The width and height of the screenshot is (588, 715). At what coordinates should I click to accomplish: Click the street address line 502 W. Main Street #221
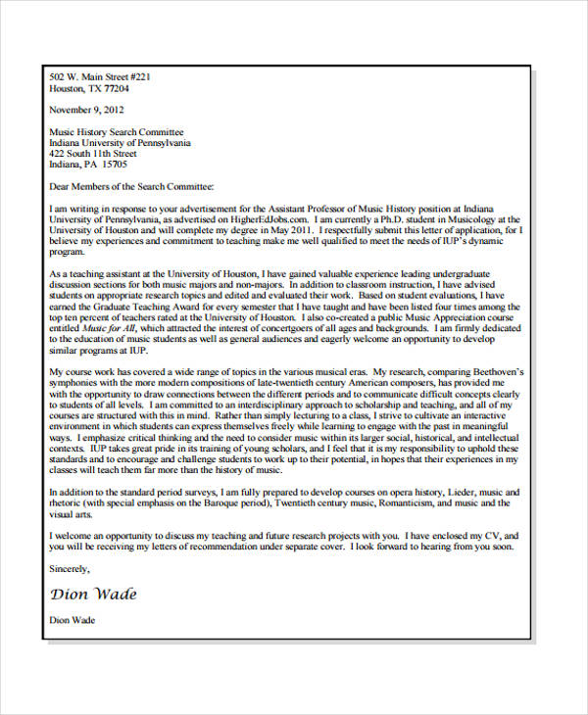(x=99, y=76)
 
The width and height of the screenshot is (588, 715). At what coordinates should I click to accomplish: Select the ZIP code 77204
(x=116, y=88)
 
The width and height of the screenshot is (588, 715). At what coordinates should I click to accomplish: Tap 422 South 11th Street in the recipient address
(x=92, y=154)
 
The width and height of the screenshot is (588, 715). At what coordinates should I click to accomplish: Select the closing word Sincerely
(x=69, y=568)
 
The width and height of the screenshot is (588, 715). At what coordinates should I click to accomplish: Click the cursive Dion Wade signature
(x=93, y=594)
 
